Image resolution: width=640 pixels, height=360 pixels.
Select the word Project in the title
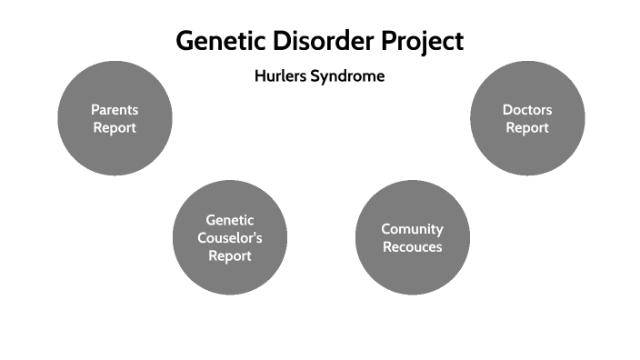coord(422,42)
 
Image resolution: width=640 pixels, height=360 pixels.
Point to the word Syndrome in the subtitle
coord(347,77)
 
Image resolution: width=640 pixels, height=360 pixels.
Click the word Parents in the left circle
coord(115,110)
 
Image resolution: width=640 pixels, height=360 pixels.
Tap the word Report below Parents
coord(115,128)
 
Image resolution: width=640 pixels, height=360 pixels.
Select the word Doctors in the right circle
coord(527,110)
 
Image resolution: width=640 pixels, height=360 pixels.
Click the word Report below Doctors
coord(527,128)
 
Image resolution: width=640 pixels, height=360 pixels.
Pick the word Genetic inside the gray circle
coord(230,220)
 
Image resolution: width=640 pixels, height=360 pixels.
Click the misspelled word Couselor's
coord(230,238)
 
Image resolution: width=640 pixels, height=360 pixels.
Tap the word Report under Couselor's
coord(230,256)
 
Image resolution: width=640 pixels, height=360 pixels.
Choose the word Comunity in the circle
coord(412,229)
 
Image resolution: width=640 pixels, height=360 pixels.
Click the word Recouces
coord(412,247)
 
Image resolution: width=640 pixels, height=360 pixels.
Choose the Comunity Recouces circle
coord(412,273)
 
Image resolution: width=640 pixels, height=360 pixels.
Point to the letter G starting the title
coord(185,42)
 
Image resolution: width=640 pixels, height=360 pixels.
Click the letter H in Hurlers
coord(259,76)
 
